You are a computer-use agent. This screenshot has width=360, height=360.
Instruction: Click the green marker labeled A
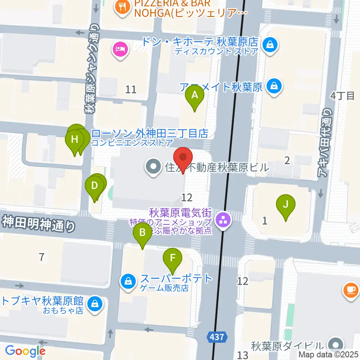(x=195, y=96)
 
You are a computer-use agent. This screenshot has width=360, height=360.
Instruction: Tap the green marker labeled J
(x=286, y=205)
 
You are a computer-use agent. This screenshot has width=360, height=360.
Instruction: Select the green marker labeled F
(x=172, y=259)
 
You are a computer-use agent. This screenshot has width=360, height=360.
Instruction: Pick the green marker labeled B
(x=142, y=233)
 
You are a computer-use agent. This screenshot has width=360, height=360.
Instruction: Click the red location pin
(x=183, y=158)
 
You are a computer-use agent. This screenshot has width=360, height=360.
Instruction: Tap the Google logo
(x=25, y=351)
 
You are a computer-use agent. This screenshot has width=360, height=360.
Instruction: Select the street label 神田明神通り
(x=37, y=225)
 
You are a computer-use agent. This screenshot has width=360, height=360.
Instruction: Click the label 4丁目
(x=342, y=96)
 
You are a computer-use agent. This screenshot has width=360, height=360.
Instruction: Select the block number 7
(x=42, y=257)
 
